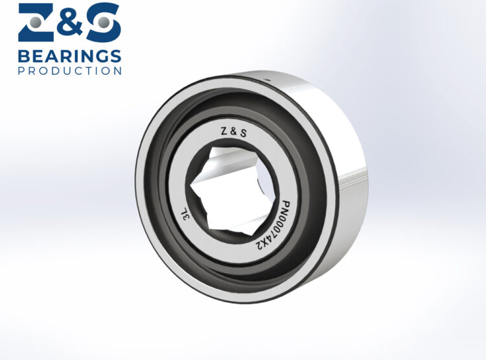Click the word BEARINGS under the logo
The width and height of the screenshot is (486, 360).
click(69, 55)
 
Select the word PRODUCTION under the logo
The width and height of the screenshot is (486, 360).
click(69, 70)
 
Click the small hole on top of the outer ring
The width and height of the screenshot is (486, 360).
click(266, 78)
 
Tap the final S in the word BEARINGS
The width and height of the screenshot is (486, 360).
click(115, 55)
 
